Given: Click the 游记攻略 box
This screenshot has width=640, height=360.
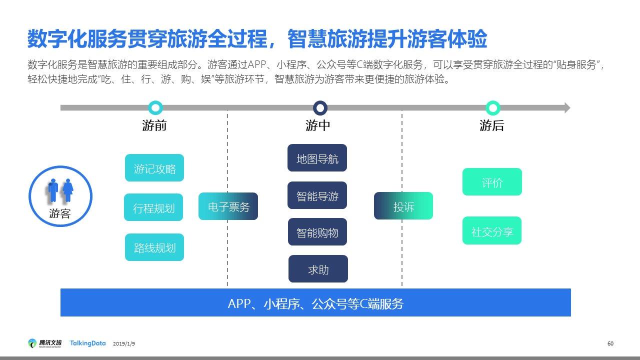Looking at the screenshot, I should coord(154,168).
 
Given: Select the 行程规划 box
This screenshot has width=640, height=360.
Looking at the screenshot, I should coord(153,207).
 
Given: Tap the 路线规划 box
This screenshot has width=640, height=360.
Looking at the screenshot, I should coord(154,247).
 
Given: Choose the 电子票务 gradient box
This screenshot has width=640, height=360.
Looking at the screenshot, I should coord(228,206).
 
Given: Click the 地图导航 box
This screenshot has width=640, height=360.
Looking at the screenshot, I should coord(317,158).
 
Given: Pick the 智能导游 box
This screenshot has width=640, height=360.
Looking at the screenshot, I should coord(317,195).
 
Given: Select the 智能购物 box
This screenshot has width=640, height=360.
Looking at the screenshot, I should coord(317,232).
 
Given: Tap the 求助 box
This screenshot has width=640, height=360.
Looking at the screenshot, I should coord(318,269).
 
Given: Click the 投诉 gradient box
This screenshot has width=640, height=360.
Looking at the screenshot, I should coord(403,206).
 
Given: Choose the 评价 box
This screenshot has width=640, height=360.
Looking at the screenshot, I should coord(492,182).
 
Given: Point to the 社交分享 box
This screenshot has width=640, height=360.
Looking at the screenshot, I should coord(492,230).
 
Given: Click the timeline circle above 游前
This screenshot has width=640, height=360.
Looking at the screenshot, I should coord(155,107).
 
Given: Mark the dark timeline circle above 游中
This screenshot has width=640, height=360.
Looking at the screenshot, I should coord(320,107).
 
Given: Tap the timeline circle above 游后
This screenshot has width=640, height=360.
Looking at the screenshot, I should coord(493,107).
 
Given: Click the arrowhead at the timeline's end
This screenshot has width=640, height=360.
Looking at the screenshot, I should coord(567,107).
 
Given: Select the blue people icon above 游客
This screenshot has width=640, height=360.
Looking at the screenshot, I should coord(60,190).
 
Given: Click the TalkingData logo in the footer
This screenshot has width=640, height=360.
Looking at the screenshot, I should coord(87,343).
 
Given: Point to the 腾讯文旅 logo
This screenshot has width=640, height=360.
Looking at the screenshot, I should coord(45,343).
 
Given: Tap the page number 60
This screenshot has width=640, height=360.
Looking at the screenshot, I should coord(610,343).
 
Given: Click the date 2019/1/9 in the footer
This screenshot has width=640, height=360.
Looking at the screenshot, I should coord(124,344).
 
